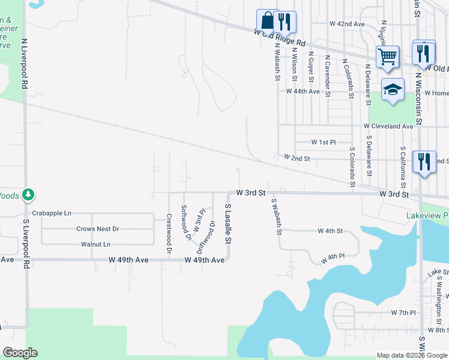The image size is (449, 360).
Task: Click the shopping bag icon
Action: (267, 20)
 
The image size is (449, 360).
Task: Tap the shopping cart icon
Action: (387, 57)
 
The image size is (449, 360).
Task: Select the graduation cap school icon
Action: (393, 90)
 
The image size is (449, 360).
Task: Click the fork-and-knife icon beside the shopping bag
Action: (285, 22)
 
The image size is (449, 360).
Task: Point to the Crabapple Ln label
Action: (52, 213)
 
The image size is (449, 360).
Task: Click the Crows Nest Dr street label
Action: (98, 229)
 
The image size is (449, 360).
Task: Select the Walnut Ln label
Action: (96, 244)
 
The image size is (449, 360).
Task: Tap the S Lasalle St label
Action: (228, 223)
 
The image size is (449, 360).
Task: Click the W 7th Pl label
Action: (403, 313)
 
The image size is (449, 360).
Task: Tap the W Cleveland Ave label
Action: (389, 127)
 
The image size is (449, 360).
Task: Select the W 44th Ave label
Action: (303, 91)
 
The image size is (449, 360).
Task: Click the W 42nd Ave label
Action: (347, 24)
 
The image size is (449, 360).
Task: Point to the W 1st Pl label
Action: (323, 142)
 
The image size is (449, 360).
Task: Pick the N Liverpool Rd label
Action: (25, 65)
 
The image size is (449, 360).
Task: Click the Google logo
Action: (20, 353)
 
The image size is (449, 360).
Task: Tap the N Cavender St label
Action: (328, 76)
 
